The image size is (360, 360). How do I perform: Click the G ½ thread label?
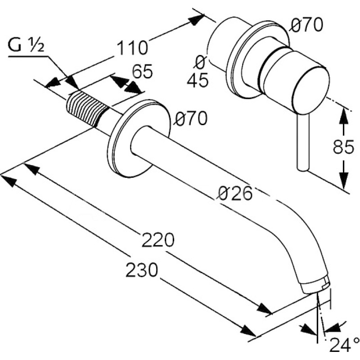(x=26, y=45)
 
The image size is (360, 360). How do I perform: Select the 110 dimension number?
(x=132, y=48)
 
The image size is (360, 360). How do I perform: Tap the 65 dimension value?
(x=142, y=71)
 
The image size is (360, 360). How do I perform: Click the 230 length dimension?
(x=142, y=270)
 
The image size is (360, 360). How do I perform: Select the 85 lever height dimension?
(x=343, y=147)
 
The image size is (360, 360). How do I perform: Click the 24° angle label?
(x=344, y=344)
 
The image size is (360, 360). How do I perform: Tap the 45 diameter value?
(x=198, y=80)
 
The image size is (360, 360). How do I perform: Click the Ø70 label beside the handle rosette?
(x=306, y=25)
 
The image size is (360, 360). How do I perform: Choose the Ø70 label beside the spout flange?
(x=190, y=118)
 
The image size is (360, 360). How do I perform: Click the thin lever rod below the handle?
(x=303, y=142)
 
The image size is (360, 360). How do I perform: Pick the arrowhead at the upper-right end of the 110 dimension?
(x=197, y=19)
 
